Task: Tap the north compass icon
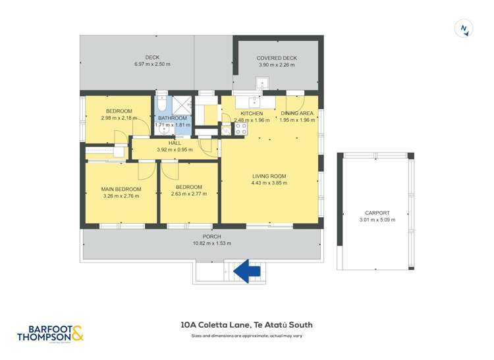click(x=465, y=28)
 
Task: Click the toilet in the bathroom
click(x=161, y=105)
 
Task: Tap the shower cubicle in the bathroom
click(x=181, y=105)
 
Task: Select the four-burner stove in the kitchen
click(x=240, y=129)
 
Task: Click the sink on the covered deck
click(x=262, y=84)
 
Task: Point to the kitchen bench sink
click(x=254, y=101)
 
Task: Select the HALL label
click(x=175, y=143)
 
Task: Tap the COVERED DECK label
click(x=277, y=58)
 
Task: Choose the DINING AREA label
click(x=296, y=113)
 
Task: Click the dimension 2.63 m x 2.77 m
click(x=188, y=194)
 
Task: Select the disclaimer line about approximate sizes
click(x=246, y=336)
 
